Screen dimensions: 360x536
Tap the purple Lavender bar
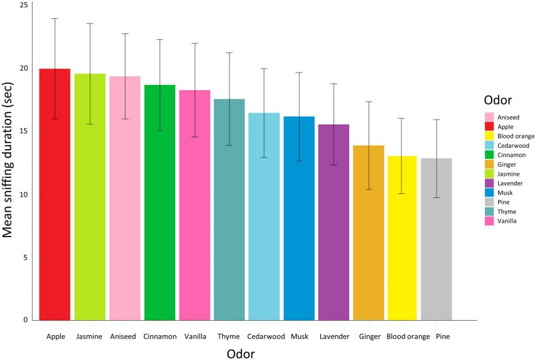pyautogui.click(x=333, y=222)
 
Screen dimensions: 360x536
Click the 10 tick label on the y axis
pyautogui.click(x=24, y=195)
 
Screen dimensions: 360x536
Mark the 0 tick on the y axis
pyautogui.click(x=25, y=320)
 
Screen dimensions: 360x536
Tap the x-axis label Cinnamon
pyautogui.click(x=159, y=337)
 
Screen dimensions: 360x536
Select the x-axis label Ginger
pyautogui.click(x=368, y=337)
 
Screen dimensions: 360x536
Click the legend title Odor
pyautogui.click(x=497, y=100)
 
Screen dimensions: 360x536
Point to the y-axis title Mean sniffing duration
pyautogui.click(x=10, y=163)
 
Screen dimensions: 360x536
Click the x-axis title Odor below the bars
pyautogui.click(x=240, y=353)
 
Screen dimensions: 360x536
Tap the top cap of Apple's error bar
pyautogui.click(x=55, y=18)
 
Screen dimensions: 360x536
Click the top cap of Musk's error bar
pyautogui.click(x=299, y=73)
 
